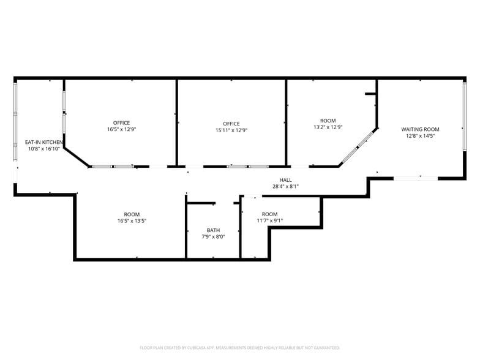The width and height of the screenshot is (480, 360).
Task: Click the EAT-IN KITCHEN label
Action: click(44, 142)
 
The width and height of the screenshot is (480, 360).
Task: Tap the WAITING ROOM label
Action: click(420, 130)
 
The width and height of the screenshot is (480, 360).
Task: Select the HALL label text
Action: click(285, 180)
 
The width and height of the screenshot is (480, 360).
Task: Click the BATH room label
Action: click(213, 230)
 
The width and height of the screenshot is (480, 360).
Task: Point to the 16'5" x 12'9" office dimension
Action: click(121, 129)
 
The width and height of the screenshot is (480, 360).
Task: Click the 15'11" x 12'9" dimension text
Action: click(231, 130)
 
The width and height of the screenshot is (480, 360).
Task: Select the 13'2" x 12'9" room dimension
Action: click(328, 127)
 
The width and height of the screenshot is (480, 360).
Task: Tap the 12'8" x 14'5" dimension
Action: click(420, 136)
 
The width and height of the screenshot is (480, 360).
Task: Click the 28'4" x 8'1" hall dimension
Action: click(285, 186)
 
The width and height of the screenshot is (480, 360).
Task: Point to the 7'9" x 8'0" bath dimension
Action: click(213, 236)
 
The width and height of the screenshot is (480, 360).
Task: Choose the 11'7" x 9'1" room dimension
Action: click(269, 220)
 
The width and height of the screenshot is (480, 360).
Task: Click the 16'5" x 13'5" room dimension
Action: click(132, 220)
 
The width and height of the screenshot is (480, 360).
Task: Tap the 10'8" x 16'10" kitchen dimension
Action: click(44, 149)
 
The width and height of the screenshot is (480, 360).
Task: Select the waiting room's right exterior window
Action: click(464, 116)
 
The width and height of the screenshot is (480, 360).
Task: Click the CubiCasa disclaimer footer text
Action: click(240, 348)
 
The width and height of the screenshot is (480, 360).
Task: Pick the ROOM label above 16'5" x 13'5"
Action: click(132, 214)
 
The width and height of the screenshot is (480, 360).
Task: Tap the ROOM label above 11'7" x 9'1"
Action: click(269, 214)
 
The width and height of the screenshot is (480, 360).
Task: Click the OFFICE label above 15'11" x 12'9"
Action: click(231, 124)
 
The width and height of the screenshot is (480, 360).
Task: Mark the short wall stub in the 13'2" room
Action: click(370, 94)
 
